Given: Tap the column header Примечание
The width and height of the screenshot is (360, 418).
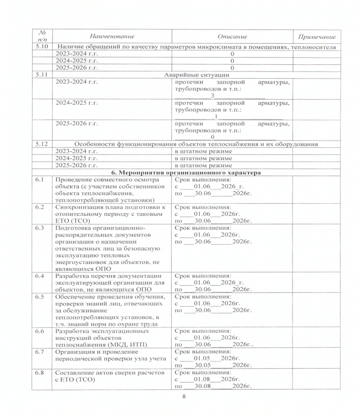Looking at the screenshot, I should click(x=317, y=36).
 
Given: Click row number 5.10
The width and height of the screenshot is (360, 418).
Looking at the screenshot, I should click(x=40, y=46).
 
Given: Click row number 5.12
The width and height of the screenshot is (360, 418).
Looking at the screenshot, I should click(x=40, y=143).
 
